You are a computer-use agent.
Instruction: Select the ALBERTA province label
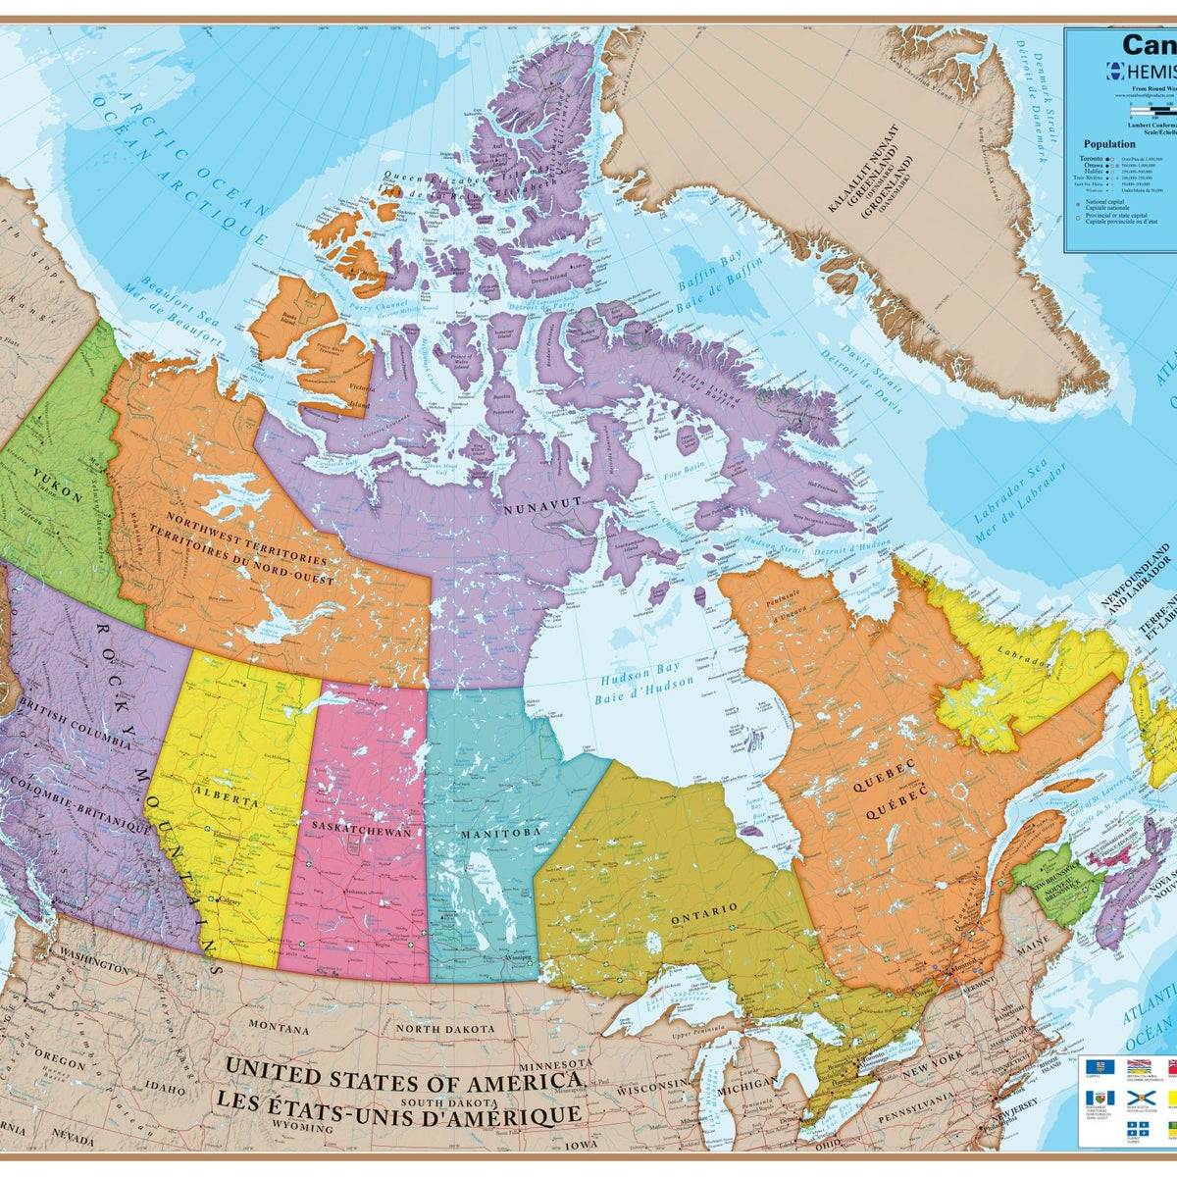point(226,795)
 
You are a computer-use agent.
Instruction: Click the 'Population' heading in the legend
point(1109,143)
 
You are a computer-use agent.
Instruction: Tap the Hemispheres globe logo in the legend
point(1114,71)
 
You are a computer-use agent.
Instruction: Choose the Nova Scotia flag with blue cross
point(1138,1098)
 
